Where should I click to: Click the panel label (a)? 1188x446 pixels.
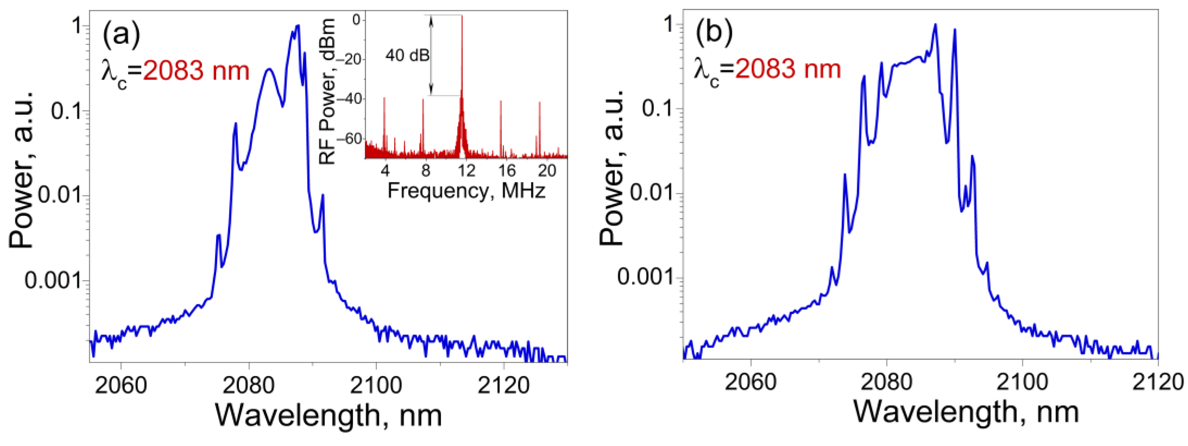(x=121, y=36)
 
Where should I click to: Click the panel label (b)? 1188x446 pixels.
(x=713, y=34)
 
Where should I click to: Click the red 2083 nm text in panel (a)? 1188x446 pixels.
(x=196, y=71)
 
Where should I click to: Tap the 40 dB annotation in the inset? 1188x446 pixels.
(x=408, y=55)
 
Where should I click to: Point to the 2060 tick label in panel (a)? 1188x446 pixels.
(x=121, y=385)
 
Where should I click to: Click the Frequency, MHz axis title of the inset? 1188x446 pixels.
(x=466, y=191)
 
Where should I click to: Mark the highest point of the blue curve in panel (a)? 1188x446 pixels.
(x=298, y=26)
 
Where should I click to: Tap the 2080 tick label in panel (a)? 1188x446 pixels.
(x=249, y=385)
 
